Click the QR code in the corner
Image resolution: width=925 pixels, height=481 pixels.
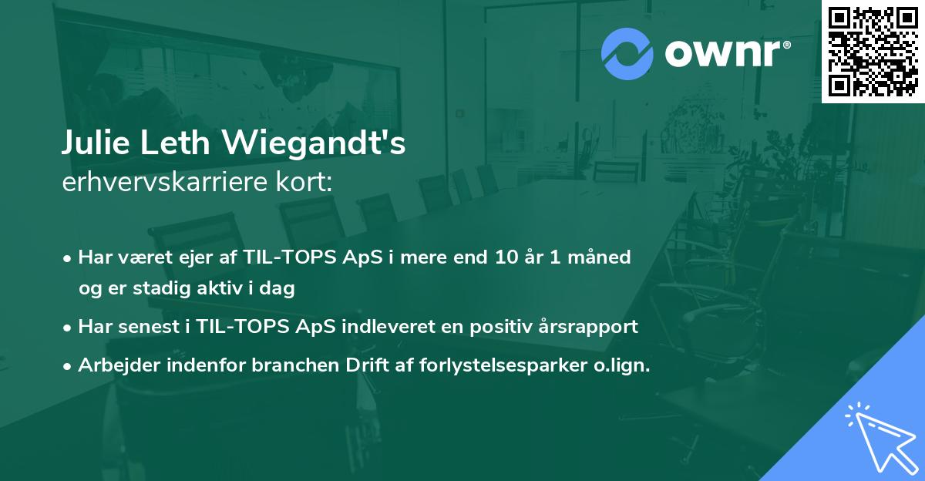coord(873,52)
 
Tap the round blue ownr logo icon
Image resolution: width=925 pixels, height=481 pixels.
coord(627,53)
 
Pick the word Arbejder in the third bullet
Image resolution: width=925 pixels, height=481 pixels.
coord(113,365)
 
